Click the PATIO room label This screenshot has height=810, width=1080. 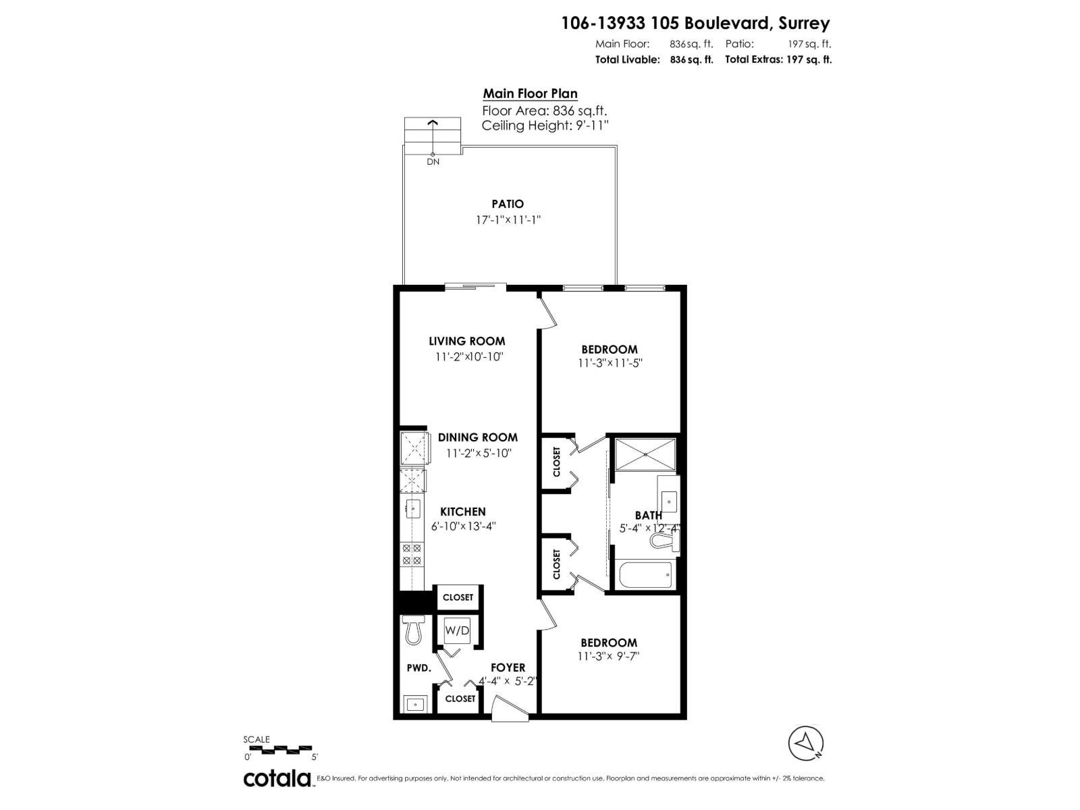tap(508, 204)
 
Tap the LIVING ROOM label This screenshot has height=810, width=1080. tap(467, 342)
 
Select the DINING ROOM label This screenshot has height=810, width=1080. tap(478, 437)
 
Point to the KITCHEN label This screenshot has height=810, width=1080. tap(463, 512)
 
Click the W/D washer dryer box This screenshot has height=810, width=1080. tap(457, 631)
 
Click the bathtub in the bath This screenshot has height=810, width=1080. tap(645, 575)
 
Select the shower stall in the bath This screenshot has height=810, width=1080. tap(645, 454)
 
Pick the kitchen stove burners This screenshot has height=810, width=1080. tap(412, 554)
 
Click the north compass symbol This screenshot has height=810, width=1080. tap(806, 743)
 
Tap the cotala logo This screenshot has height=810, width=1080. tap(277, 778)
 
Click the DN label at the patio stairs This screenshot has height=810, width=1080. tap(433, 162)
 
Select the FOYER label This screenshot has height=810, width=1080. tap(508, 668)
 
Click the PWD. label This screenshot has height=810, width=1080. tap(418, 668)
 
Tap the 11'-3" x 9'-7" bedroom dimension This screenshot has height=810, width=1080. tap(608, 656)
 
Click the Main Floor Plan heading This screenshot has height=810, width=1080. tap(530, 94)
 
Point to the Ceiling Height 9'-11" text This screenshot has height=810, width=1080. tap(545, 126)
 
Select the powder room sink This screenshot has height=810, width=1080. tap(415, 704)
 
